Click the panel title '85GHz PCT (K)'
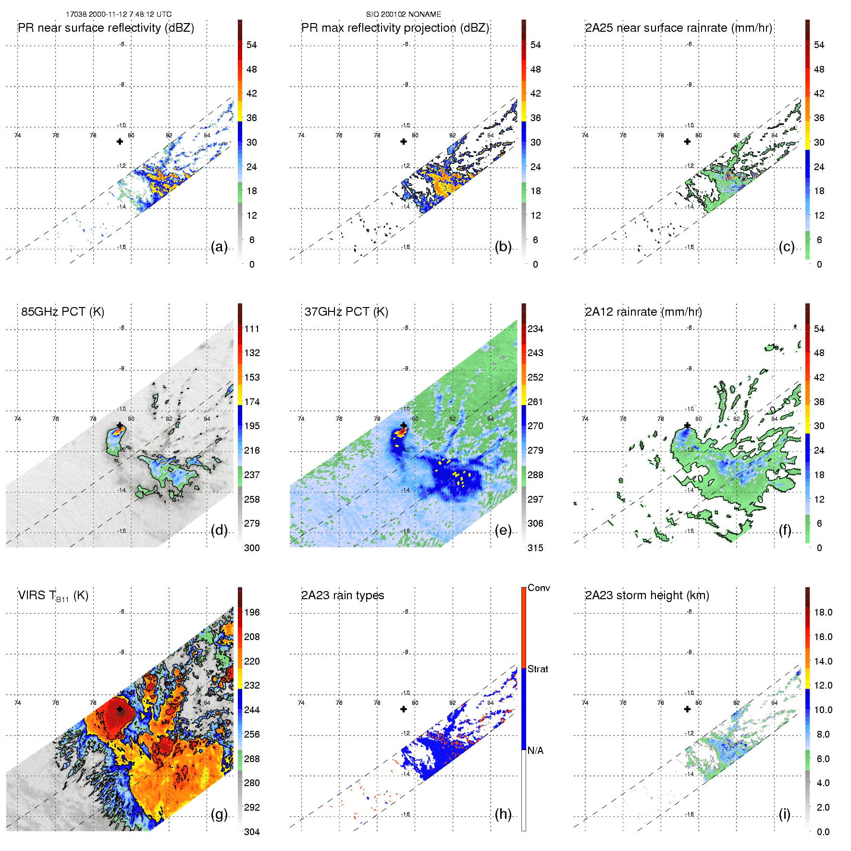[x=62, y=312]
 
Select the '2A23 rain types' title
[x=343, y=595]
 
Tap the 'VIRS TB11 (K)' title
[x=53, y=596]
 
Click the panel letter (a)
[x=219, y=247]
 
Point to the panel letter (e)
[x=503, y=530]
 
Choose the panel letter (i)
[x=785, y=814]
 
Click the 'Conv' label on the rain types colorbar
[x=539, y=588]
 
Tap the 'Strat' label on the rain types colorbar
[x=538, y=669]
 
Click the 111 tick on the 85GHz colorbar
[x=252, y=329]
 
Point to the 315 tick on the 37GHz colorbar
[x=535, y=548]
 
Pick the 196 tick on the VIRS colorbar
[x=252, y=612]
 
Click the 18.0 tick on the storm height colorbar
[x=823, y=612]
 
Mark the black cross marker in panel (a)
[x=120, y=141]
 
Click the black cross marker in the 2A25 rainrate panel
[x=687, y=141]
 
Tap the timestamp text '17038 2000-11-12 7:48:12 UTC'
[x=119, y=14]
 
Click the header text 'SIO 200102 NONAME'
[x=404, y=14]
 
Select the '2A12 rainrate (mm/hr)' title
[x=643, y=312]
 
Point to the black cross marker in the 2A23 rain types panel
[x=404, y=709]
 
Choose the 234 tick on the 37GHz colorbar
[x=535, y=329]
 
